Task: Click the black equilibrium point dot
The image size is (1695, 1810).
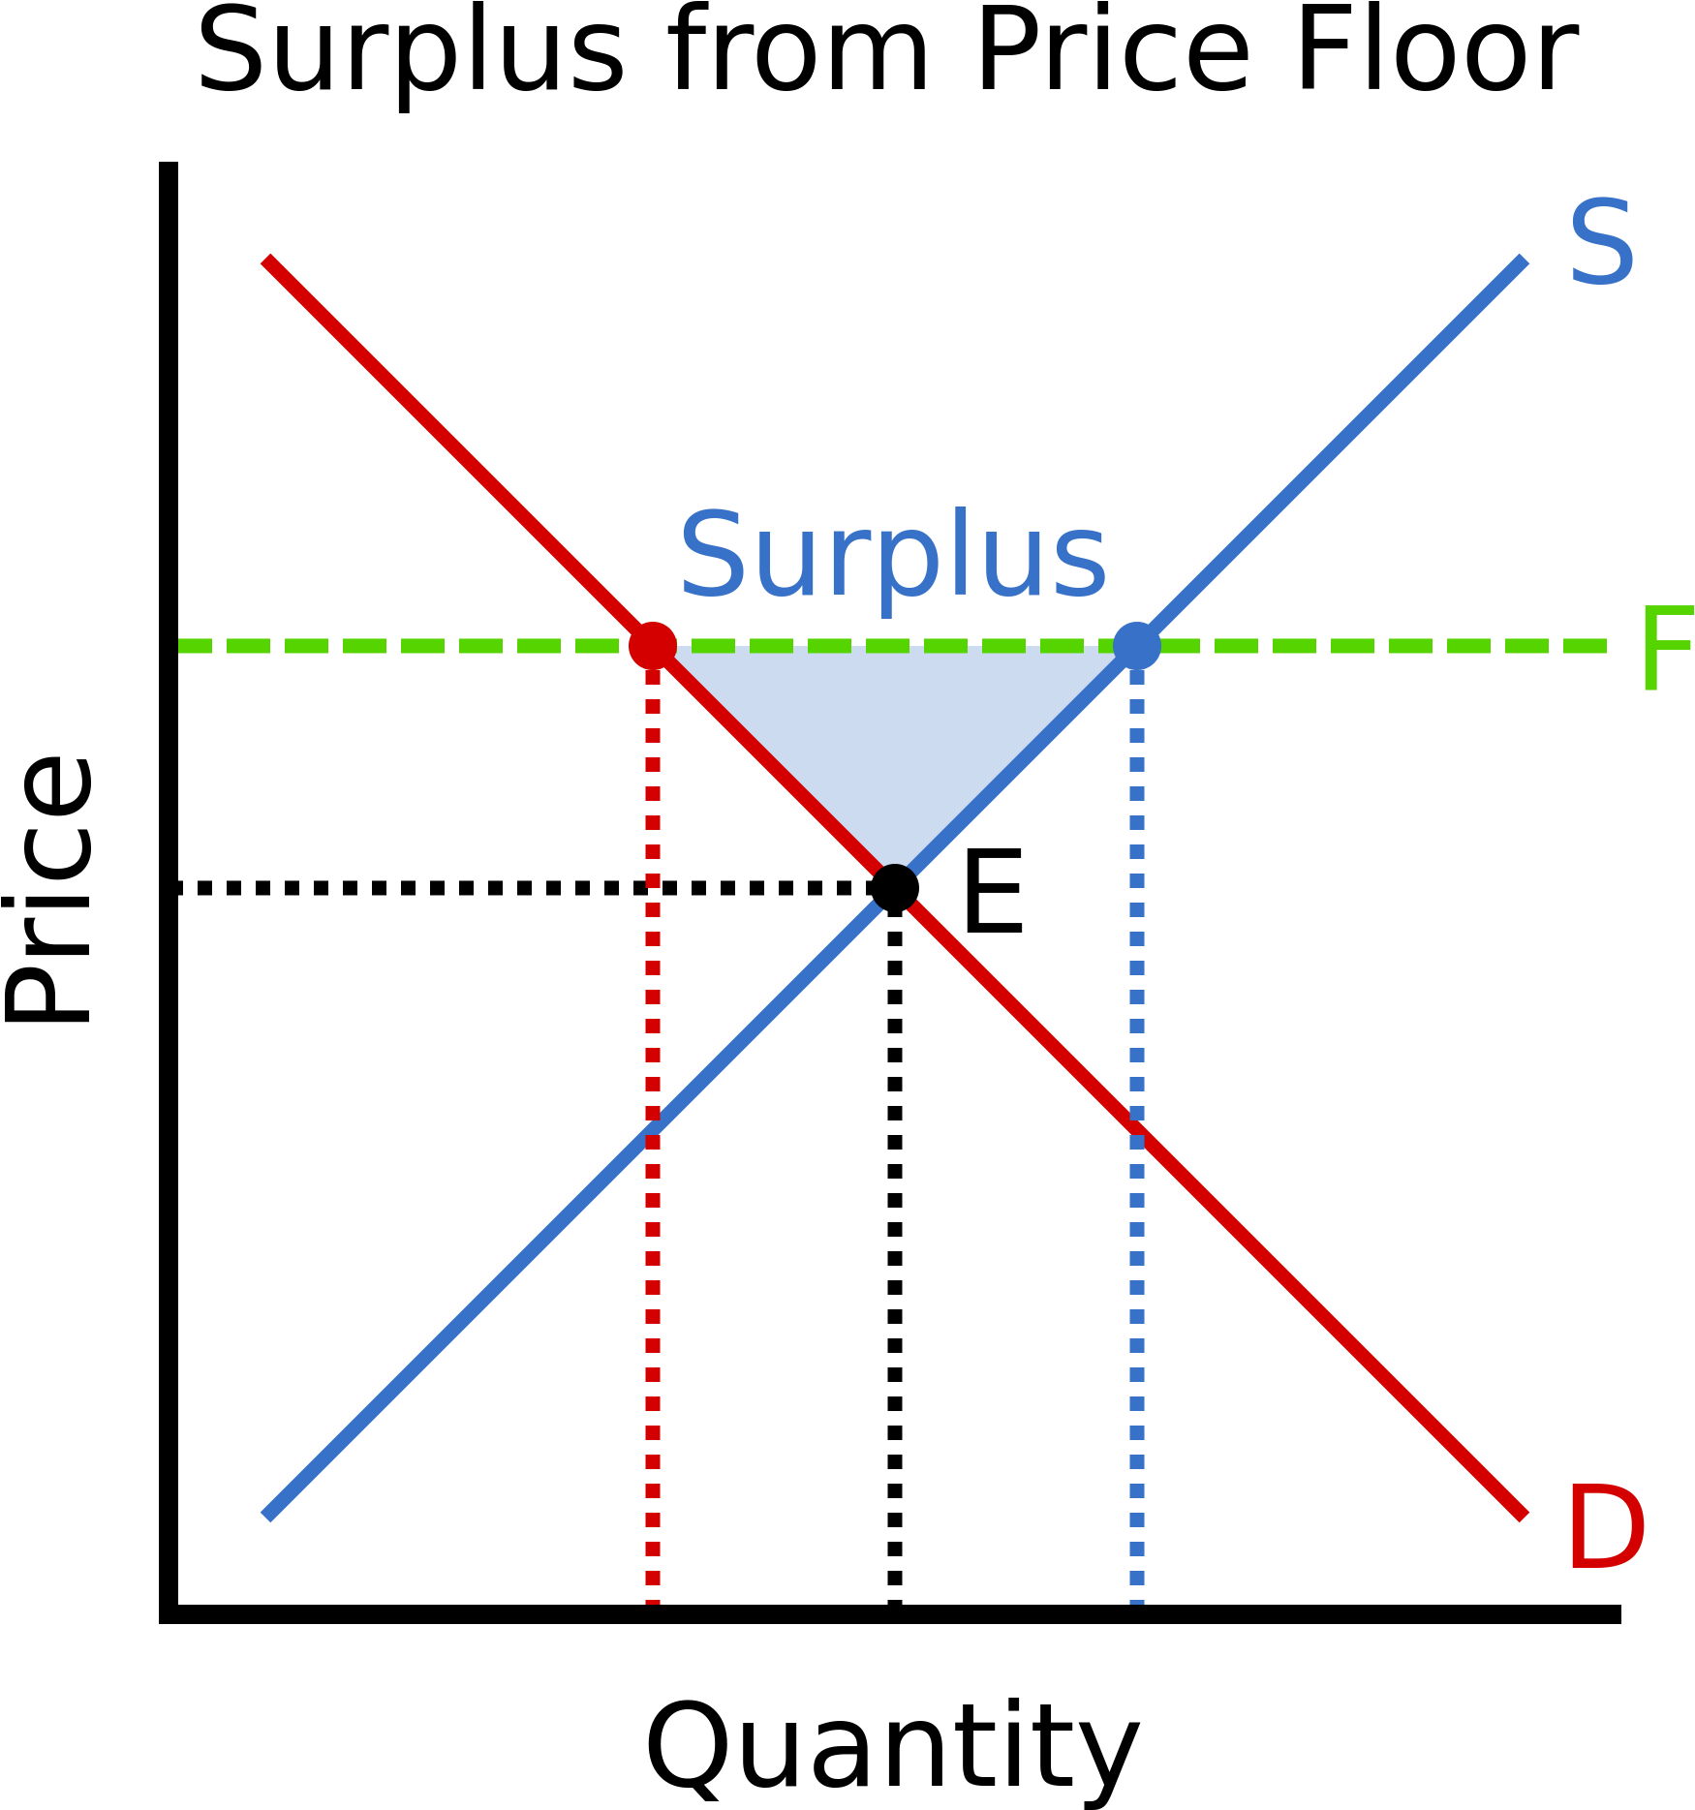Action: click(x=895, y=888)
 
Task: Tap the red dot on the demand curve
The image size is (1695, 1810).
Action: click(x=653, y=646)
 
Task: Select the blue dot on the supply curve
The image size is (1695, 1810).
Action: click(x=1137, y=646)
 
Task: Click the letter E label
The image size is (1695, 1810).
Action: click(x=993, y=891)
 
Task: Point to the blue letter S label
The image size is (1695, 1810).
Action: click(x=1602, y=243)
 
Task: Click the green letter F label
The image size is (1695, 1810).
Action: click(x=1666, y=649)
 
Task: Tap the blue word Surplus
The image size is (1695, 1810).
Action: click(x=893, y=557)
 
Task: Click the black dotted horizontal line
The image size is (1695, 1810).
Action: click(x=523, y=888)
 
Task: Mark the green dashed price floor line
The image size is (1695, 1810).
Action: click(x=891, y=646)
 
